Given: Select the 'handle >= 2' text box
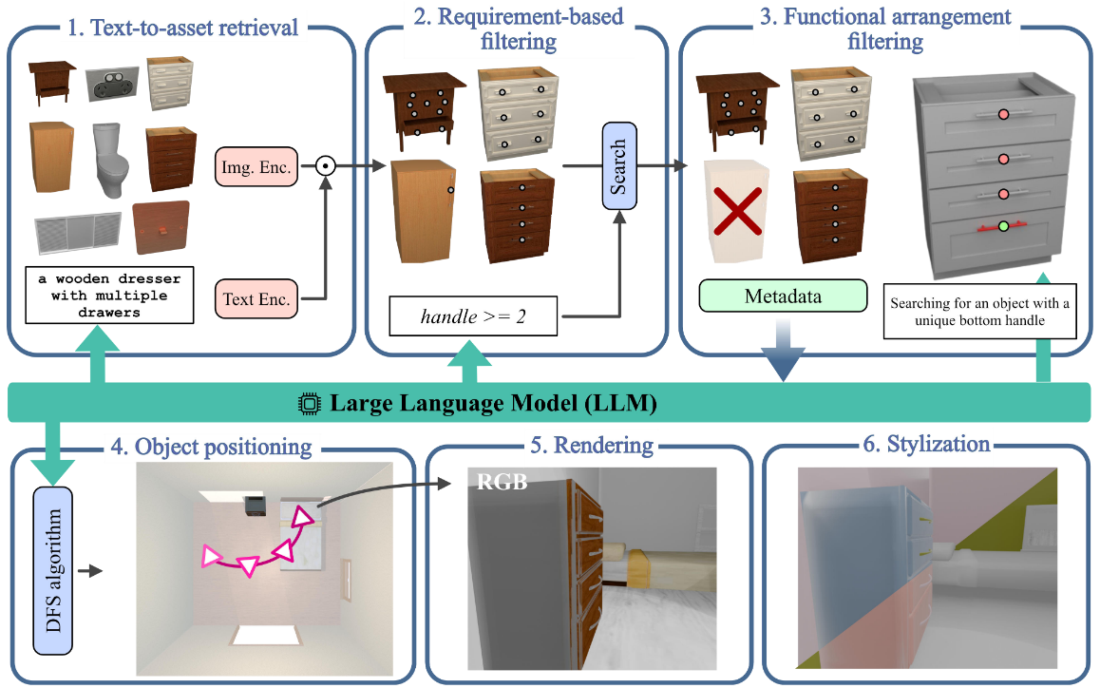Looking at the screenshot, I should pos(473,315).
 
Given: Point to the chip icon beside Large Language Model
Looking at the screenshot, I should pos(308,404).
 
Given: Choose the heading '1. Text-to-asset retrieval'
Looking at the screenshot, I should pos(182,26).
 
